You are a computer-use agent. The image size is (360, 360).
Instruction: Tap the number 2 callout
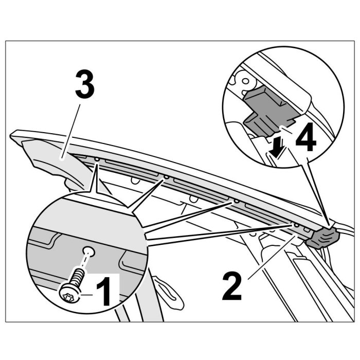click(x=232, y=286)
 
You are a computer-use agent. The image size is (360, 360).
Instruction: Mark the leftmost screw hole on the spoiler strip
click(x=97, y=160)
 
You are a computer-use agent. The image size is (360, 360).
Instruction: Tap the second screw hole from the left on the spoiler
click(x=167, y=177)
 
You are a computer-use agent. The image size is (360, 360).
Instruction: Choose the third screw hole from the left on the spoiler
click(x=236, y=201)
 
